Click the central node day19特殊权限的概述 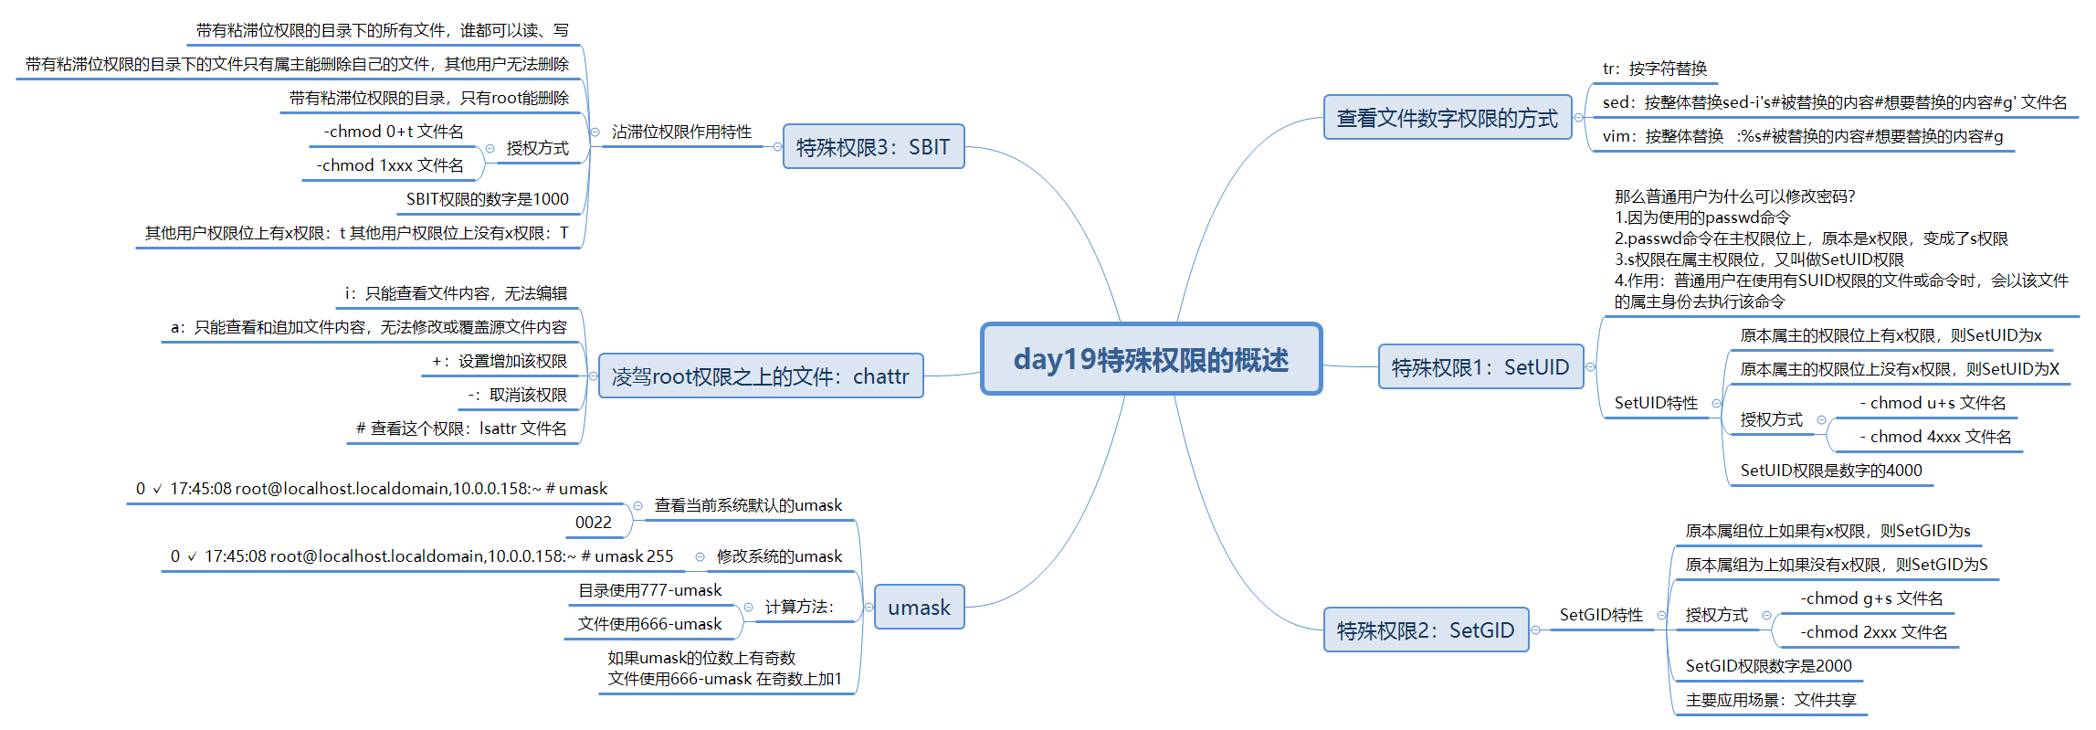click(x=1151, y=359)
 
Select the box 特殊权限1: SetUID click(x=1480, y=367)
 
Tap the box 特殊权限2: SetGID click(x=1425, y=630)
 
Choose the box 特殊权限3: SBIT click(x=873, y=147)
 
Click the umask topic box click(x=919, y=608)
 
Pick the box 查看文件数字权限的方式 click(x=1447, y=118)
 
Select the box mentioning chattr click(x=760, y=376)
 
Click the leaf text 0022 click(x=594, y=523)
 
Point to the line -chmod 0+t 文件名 click(x=394, y=132)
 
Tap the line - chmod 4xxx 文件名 click(x=1935, y=437)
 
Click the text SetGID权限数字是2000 click(x=1768, y=666)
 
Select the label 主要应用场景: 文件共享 click(x=1771, y=700)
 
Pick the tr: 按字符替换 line click(x=1654, y=69)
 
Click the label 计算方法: click(x=799, y=607)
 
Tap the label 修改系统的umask click(x=779, y=556)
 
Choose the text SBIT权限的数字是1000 click(x=487, y=199)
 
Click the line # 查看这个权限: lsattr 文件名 click(x=461, y=428)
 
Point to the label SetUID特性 click(x=1656, y=403)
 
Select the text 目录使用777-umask click(x=649, y=590)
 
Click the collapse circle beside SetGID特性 click(x=1661, y=615)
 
